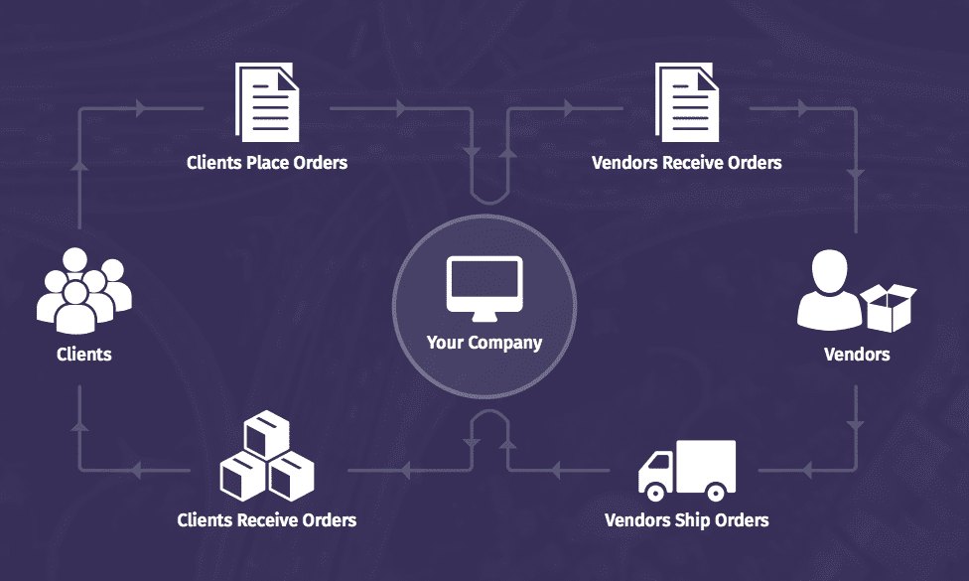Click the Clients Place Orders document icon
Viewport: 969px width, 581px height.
coord(265,101)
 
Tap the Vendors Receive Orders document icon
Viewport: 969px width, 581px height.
coord(685,101)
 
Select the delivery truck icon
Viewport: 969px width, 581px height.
coord(686,471)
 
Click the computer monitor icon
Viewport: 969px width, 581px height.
coord(484,288)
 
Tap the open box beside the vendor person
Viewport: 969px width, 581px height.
coord(889,307)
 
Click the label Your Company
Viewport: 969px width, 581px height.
coord(484,343)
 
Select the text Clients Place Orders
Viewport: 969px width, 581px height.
coord(267,162)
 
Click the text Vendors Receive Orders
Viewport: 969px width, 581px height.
coord(686,162)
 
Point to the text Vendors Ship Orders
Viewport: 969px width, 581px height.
coord(686,519)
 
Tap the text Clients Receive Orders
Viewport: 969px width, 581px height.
coord(266,519)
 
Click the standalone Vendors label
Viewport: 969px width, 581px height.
coord(857,354)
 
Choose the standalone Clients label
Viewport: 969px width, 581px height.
coord(84,354)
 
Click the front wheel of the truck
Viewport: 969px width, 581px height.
coord(654,491)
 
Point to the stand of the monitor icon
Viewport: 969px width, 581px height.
coord(484,317)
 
